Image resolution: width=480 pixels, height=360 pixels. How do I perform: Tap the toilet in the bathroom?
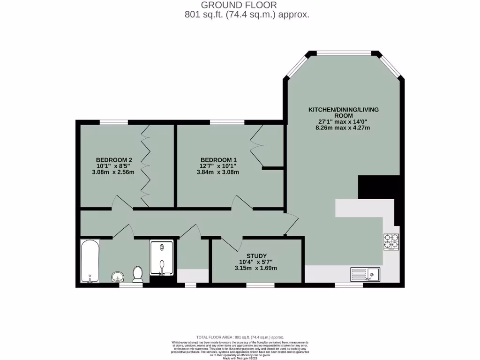point(138,274)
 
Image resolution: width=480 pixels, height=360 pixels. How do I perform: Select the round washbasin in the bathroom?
point(118,277)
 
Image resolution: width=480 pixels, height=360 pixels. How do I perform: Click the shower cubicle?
point(161,258)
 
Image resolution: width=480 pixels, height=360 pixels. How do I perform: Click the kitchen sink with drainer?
point(365,274)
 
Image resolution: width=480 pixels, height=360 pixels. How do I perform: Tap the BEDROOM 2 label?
point(111,159)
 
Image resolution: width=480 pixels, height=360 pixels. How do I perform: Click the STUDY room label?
point(256,256)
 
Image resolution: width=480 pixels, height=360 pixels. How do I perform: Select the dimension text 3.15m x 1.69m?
point(256,268)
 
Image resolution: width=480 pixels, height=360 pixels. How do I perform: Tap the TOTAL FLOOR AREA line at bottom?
point(240,337)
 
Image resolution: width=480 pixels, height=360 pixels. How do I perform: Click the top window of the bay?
point(343,52)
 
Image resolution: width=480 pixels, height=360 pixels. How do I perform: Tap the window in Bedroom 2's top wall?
point(114,122)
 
